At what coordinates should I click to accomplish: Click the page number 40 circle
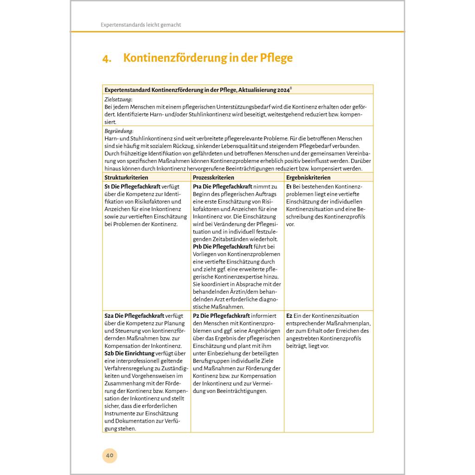110,455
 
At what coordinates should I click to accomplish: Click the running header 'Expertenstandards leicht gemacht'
141,25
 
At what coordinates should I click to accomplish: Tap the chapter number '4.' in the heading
107,58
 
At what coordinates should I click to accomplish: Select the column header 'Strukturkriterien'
126,178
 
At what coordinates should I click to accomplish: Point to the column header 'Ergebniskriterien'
308,178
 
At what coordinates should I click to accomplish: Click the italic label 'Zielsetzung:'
118,99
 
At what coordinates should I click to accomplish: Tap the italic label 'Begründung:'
119,131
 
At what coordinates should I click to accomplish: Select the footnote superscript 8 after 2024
290,87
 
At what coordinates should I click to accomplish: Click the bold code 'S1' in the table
108,186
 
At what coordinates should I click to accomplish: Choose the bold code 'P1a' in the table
198,186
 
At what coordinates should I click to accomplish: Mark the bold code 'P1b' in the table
198,247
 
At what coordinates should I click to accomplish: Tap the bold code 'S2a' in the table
109,316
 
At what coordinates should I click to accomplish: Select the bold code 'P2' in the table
196,316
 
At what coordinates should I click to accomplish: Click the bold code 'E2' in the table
289,316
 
